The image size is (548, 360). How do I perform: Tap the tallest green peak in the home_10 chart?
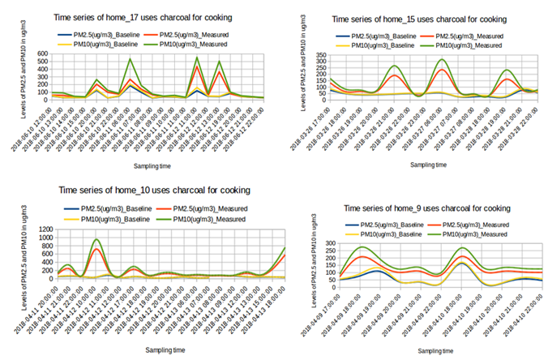[96, 239]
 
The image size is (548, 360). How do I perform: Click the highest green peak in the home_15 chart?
[442, 59]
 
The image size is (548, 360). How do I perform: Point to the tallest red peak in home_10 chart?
[96, 249]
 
